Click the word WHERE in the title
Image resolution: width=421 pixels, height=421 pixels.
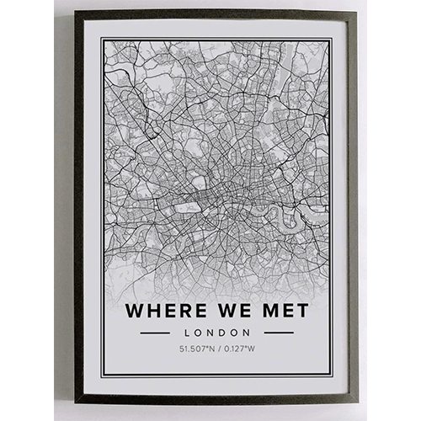(x=163, y=310)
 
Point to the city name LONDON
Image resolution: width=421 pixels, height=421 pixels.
(x=217, y=332)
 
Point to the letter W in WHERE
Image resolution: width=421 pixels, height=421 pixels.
(x=135, y=310)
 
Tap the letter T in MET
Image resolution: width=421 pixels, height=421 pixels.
(x=301, y=310)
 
